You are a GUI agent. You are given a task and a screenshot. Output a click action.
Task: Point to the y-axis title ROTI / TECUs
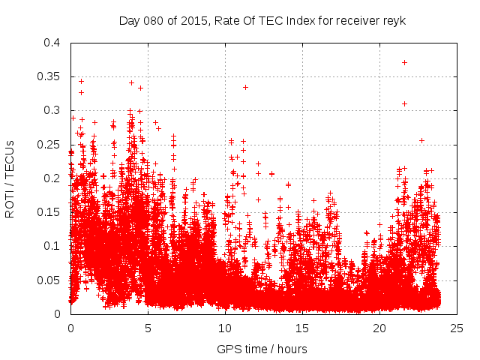[10, 178]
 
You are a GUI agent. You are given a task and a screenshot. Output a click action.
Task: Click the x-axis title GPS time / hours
[262, 349]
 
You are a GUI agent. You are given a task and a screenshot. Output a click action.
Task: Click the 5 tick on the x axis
[148, 328]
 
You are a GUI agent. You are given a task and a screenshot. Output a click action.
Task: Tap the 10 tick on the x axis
[225, 328]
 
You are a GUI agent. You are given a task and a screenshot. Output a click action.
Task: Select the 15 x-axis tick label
[302, 328]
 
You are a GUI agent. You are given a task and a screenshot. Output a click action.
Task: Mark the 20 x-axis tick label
[379, 328]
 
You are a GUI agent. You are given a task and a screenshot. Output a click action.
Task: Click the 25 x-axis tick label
[457, 328]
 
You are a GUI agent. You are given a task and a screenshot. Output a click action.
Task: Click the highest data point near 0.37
[405, 62]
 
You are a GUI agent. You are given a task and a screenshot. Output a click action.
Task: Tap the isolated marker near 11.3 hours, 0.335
[245, 87]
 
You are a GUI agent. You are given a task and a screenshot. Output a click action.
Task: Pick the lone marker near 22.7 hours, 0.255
[421, 140]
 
